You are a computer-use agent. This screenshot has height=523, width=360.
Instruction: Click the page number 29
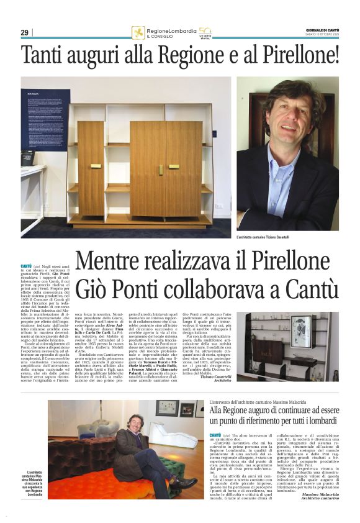[24, 32]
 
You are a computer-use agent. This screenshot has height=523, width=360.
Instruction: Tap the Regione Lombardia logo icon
[138, 32]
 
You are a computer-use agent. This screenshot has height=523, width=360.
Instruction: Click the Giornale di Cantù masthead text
[322, 29]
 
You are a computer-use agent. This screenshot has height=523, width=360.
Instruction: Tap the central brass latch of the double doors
[161, 169]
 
